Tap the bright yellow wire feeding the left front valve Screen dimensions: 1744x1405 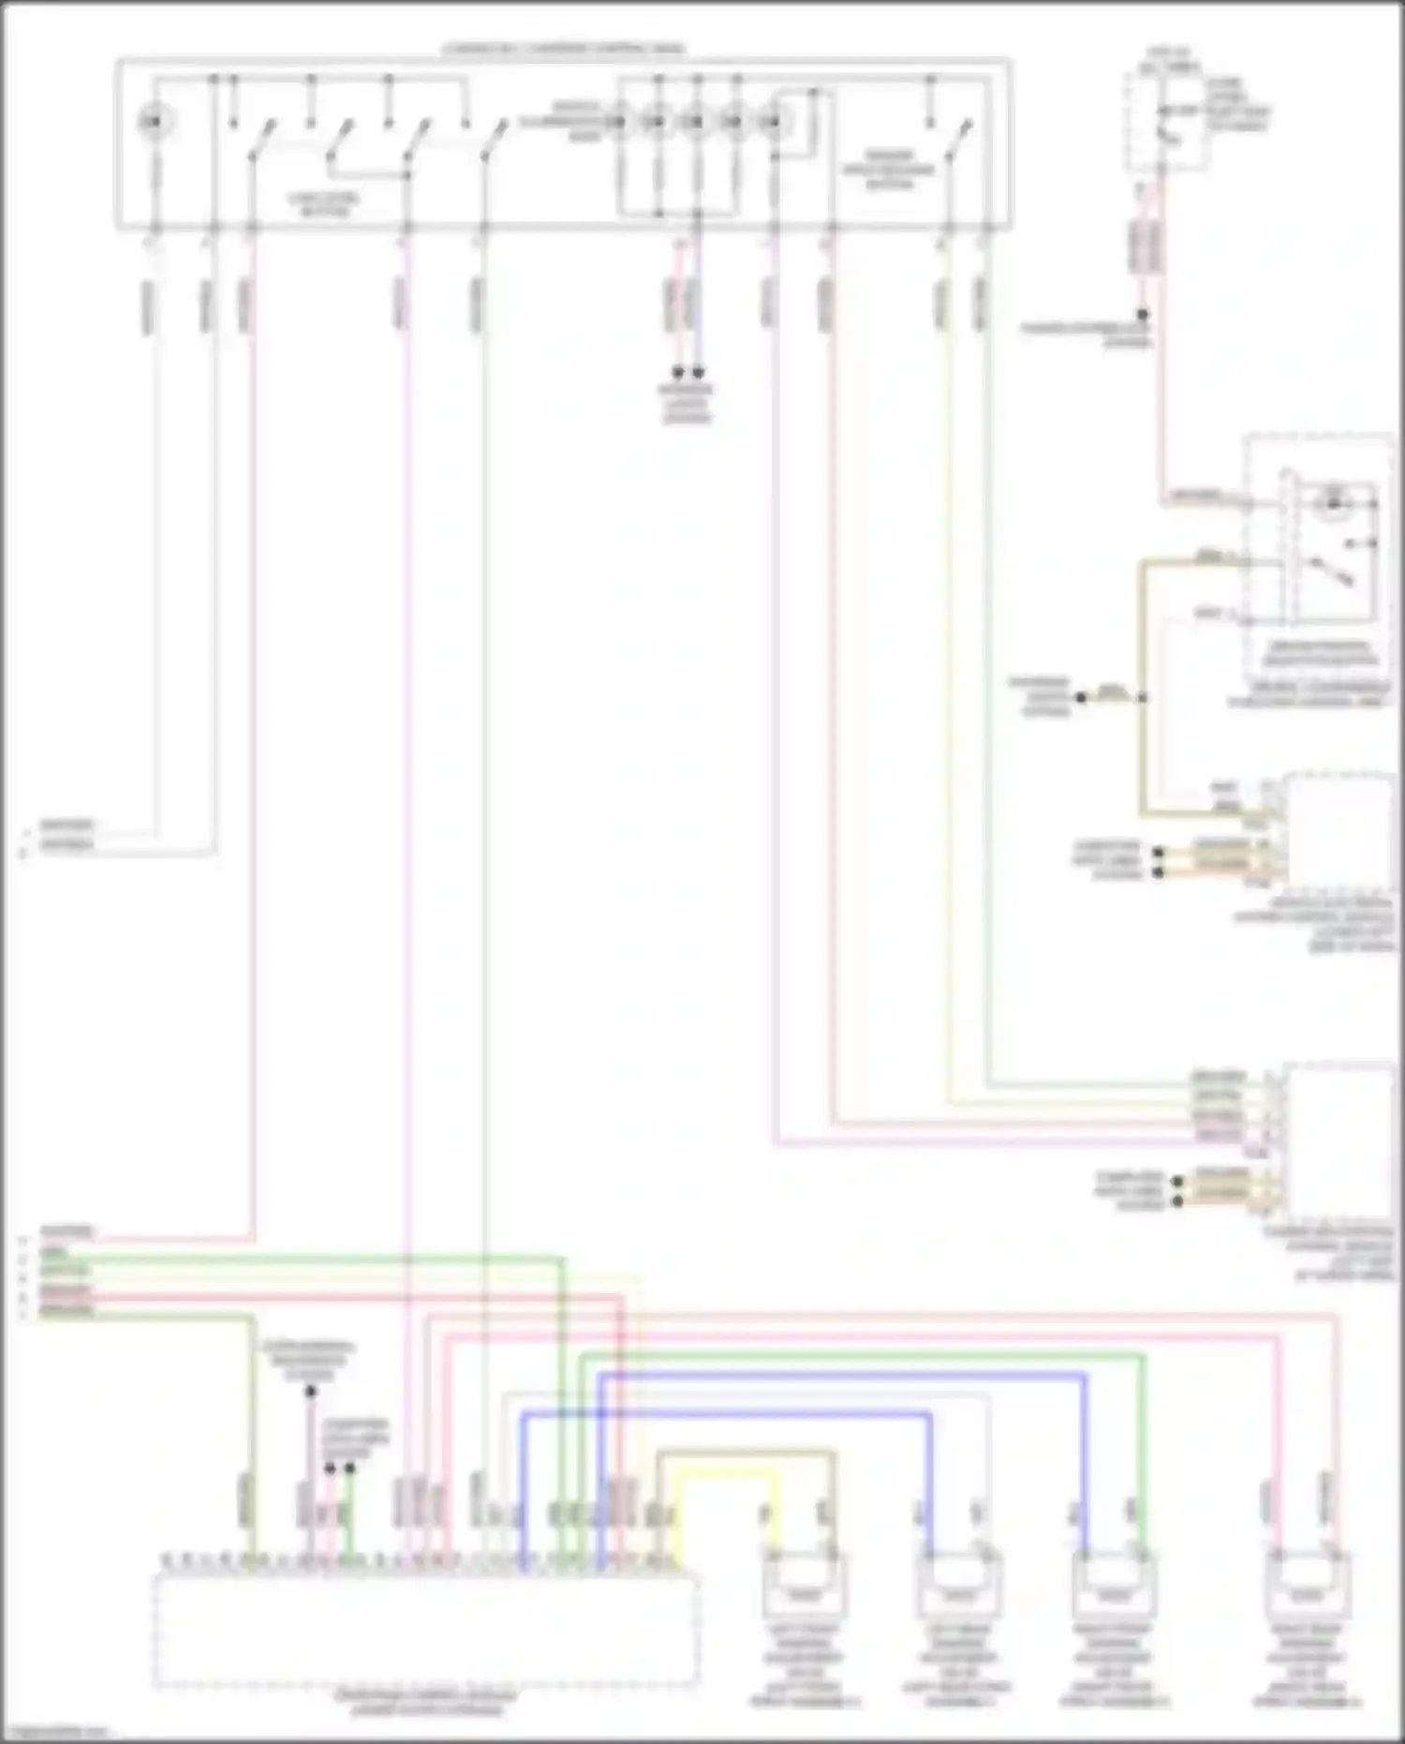[726, 1474]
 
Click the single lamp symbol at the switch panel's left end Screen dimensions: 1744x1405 [154, 121]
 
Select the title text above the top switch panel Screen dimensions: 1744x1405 [563, 48]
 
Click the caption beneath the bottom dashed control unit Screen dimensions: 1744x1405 [426, 1704]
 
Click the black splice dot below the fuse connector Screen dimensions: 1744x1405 [1143, 315]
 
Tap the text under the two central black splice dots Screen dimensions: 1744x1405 [687, 404]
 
